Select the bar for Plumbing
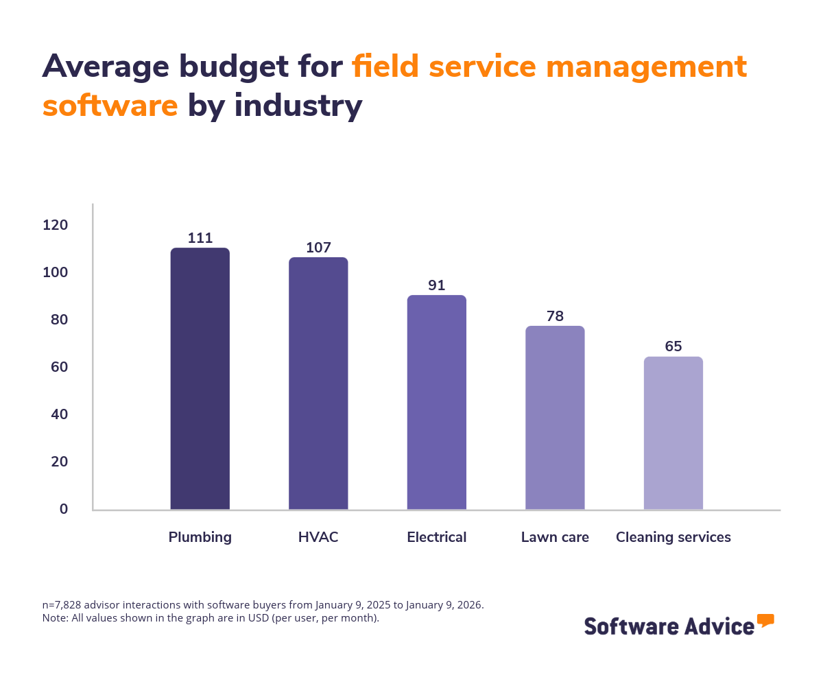point(200,379)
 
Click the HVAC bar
point(318,383)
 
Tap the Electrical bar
point(437,403)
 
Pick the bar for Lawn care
point(555,418)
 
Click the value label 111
point(200,238)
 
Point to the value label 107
point(318,248)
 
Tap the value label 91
point(437,285)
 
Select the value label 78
point(555,316)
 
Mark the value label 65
point(673,346)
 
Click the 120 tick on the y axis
point(56,225)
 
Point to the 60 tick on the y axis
point(59,367)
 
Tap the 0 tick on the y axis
point(64,509)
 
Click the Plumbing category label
point(200,537)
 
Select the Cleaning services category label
point(673,537)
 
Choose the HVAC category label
point(318,537)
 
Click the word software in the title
point(110,106)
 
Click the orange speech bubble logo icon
point(765,621)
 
